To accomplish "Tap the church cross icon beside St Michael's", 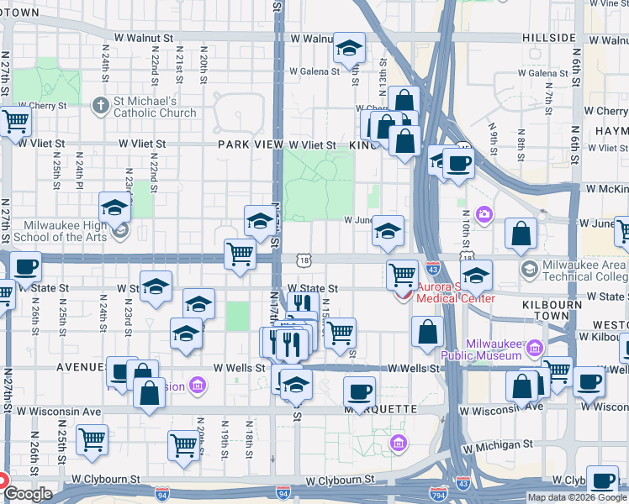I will click(100, 106).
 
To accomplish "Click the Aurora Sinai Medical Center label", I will click(445, 292).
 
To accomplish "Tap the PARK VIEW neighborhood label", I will click(250, 144).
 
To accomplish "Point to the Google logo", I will click(28, 493).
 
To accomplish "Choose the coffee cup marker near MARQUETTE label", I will click(359, 391).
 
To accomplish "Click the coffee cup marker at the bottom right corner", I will click(602, 480).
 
